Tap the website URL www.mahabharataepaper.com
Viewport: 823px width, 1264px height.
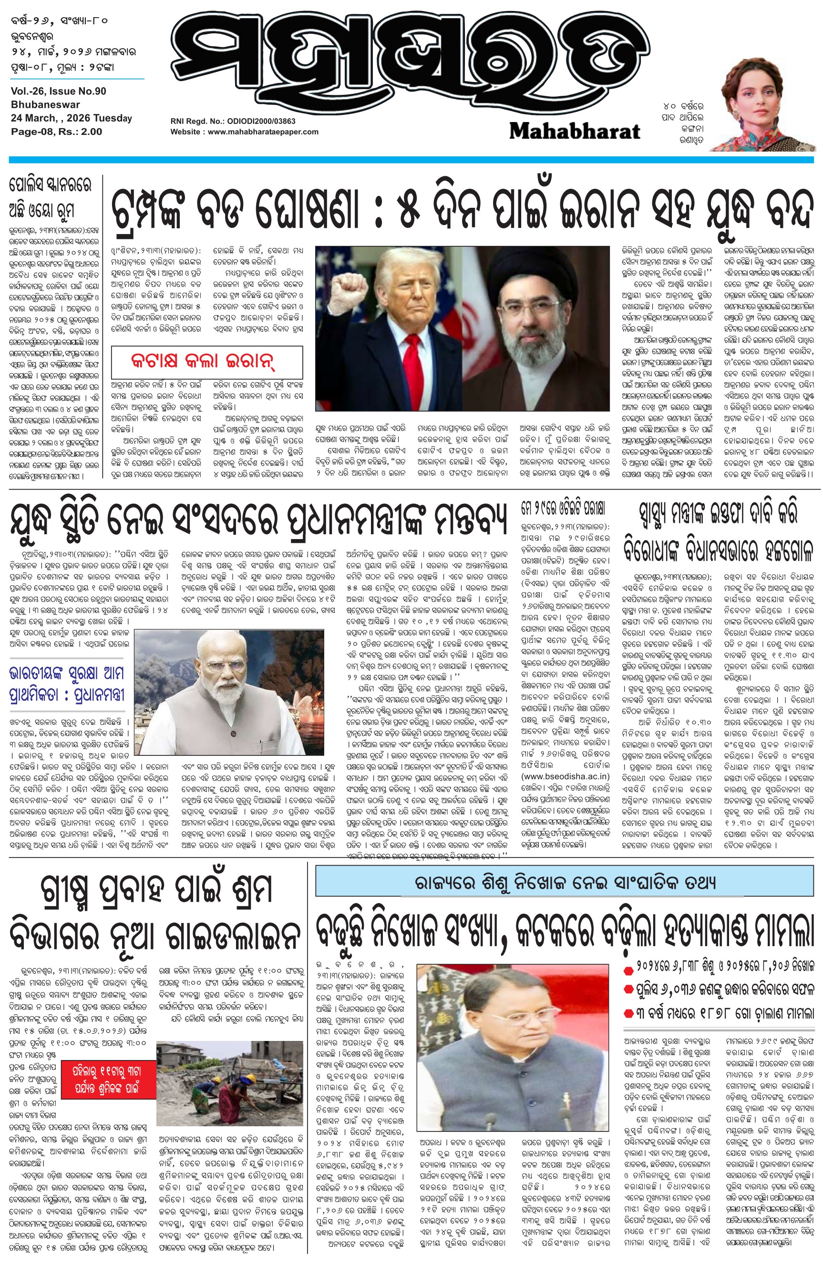245,132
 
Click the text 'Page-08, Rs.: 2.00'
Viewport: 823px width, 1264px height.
56,131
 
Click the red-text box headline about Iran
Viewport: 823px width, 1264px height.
206,362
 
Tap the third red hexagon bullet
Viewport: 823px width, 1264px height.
628,1012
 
